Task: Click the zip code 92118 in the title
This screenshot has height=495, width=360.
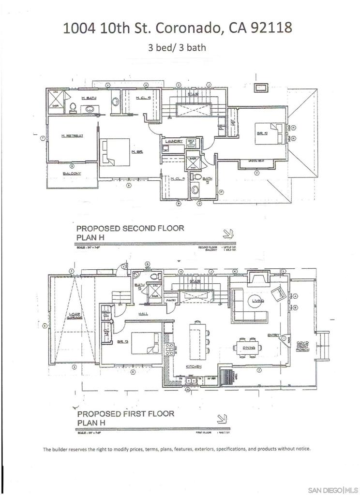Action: (271, 28)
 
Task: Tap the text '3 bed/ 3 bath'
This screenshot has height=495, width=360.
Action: (177, 47)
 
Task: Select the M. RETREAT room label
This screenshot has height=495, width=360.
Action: (72, 136)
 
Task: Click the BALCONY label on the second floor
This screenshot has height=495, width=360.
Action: (72, 173)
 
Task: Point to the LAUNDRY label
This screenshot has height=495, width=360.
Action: (173, 141)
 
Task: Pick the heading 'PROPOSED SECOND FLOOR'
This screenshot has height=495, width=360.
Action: (130, 228)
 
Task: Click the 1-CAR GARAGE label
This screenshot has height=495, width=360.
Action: (74, 317)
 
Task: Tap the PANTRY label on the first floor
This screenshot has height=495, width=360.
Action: (170, 300)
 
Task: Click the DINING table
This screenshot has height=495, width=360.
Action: (248, 347)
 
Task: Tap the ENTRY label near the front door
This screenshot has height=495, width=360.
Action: (273, 335)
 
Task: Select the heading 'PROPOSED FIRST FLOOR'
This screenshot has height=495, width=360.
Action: (125, 414)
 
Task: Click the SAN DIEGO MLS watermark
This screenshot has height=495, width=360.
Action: (332, 490)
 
